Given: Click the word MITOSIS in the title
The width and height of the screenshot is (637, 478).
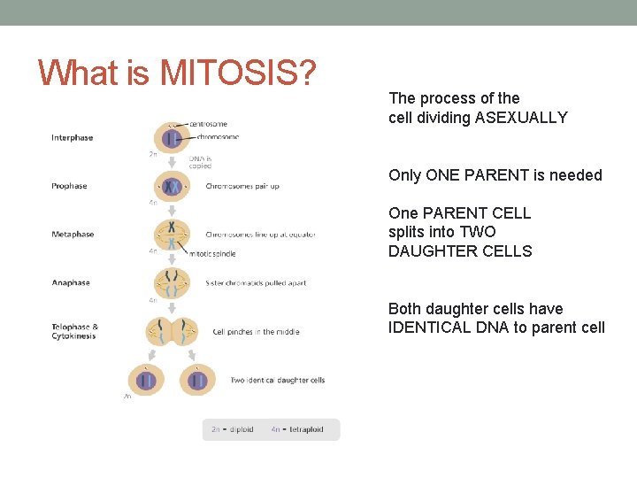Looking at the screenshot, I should (238, 73).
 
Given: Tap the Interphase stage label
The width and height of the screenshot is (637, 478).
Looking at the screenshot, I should (72, 138).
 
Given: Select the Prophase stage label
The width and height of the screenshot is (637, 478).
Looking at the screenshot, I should (69, 186).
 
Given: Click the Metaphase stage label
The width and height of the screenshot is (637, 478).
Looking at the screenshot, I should (73, 235).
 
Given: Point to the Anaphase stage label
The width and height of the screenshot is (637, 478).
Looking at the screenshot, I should (71, 283).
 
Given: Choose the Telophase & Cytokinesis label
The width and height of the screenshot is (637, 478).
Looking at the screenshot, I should (75, 332).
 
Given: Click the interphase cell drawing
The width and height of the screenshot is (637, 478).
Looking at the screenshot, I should (172, 138).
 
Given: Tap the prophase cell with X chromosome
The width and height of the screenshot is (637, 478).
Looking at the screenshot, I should (172, 187).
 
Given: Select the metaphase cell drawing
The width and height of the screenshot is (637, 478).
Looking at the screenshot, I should (172, 235).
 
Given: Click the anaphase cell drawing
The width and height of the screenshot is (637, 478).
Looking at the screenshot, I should (172, 282).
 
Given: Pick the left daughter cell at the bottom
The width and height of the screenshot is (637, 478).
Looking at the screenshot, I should (146, 380).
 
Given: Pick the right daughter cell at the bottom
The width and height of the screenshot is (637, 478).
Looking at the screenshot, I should (198, 380).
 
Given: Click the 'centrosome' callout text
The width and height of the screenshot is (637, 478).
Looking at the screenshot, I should (209, 124).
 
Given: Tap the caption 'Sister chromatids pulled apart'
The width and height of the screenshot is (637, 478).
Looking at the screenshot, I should (256, 283).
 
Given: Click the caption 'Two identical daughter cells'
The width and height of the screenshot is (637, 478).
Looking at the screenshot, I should (277, 381).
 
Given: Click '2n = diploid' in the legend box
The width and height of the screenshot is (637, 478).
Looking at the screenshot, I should (232, 429).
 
